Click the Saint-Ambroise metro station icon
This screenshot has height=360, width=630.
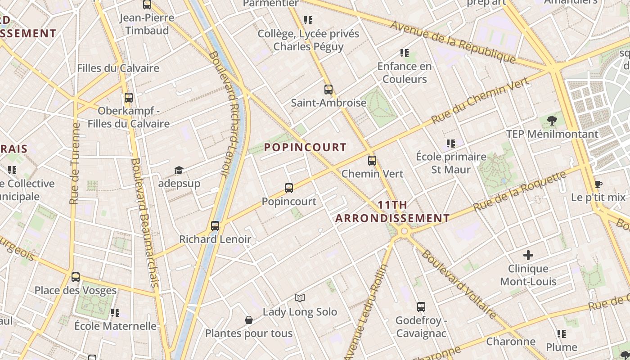coord(328,89)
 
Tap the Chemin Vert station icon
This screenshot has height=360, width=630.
coord(372,160)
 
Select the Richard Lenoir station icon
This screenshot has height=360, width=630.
coord(215,225)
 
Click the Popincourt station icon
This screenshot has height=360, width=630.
coord(289,188)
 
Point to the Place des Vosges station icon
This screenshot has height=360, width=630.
coord(76,277)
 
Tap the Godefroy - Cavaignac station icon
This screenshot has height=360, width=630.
coord(421,307)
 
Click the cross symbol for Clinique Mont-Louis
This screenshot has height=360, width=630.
coord(528,255)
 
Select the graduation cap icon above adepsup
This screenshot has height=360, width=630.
coord(179,170)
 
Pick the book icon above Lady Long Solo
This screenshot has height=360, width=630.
coord(300,298)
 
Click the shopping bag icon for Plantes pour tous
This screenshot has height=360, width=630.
coord(249,320)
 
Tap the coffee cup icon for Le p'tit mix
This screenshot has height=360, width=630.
coord(598,184)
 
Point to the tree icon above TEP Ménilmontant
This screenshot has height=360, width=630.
coord(552,120)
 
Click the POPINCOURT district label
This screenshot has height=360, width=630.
coord(305,147)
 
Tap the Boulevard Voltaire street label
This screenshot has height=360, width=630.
coord(459,284)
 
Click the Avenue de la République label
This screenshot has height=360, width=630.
coord(452,41)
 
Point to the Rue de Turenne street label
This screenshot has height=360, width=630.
coord(75,164)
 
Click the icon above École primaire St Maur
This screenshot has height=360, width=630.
coord(451,144)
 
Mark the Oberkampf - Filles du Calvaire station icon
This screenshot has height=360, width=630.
coord(129,97)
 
